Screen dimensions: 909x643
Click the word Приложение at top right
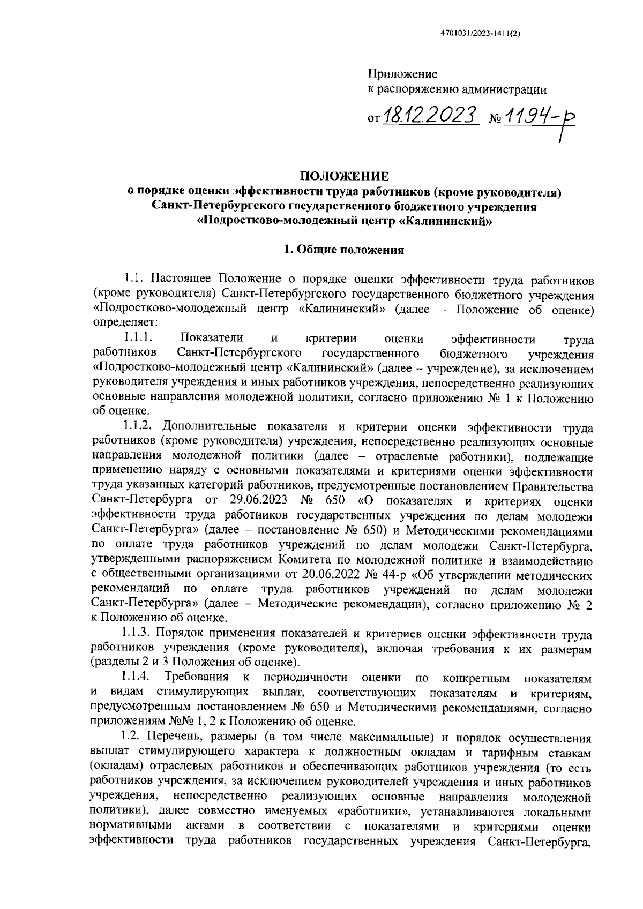click(402, 74)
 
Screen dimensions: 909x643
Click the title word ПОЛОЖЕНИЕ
click(344, 176)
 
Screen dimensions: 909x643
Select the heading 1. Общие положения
click(343, 249)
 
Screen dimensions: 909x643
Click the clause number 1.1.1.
click(139, 339)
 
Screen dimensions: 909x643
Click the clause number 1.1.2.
click(139, 427)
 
